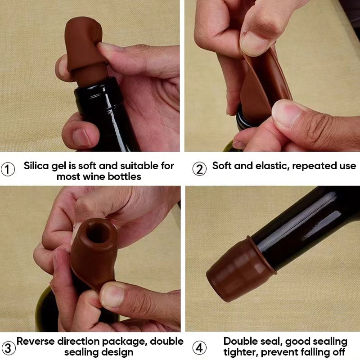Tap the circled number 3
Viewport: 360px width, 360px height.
pyautogui.click(x=8, y=347)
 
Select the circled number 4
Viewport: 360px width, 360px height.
pyautogui.click(x=199, y=347)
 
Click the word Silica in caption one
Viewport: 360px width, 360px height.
pyautogui.click(x=38, y=166)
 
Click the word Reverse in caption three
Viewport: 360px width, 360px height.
pyautogui.click(x=36, y=341)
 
